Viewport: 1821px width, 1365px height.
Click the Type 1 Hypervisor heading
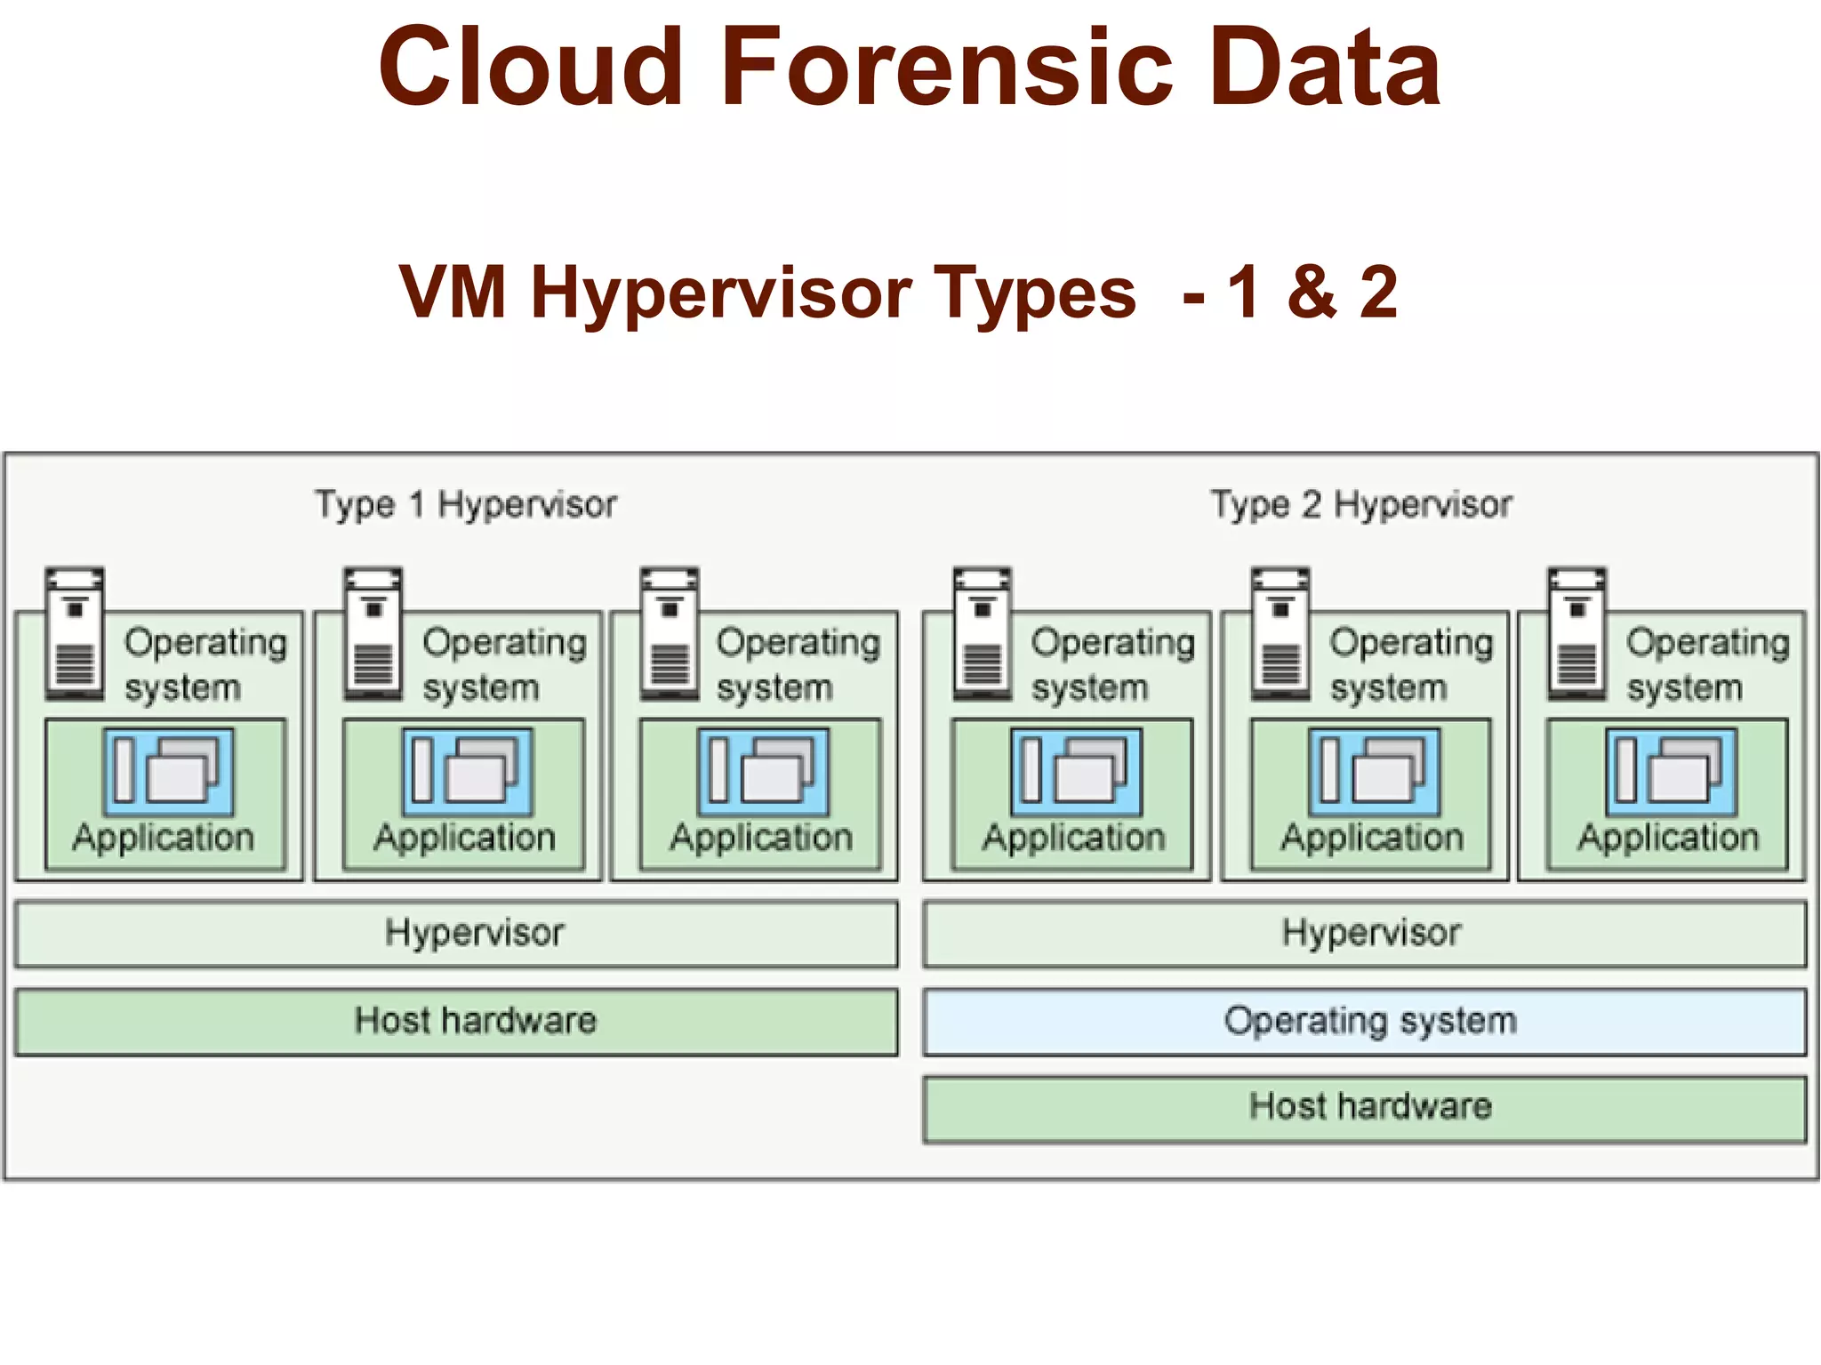tap(465, 504)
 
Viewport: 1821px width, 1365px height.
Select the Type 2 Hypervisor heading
tap(1360, 504)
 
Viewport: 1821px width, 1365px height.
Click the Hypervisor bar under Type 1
tap(456, 933)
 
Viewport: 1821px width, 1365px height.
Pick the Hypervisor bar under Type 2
tap(1364, 933)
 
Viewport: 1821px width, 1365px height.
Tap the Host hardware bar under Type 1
tap(456, 1021)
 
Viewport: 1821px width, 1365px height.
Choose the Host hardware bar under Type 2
tap(1364, 1108)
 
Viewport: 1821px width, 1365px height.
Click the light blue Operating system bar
tap(1364, 1021)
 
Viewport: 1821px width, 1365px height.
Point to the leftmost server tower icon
tap(75, 633)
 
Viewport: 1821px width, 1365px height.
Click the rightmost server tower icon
tap(1576, 633)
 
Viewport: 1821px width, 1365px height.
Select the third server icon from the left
tap(670, 633)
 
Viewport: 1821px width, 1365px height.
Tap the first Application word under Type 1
tap(164, 838)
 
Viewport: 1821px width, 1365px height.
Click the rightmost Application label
tap(1668, 838)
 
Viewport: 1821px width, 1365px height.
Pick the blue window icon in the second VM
tap(468, 771)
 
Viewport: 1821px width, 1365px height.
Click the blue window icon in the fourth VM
tap(1076, 771)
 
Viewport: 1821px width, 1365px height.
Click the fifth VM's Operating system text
tap(1410, 664)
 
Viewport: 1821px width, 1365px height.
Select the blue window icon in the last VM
tap(1671, 771)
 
